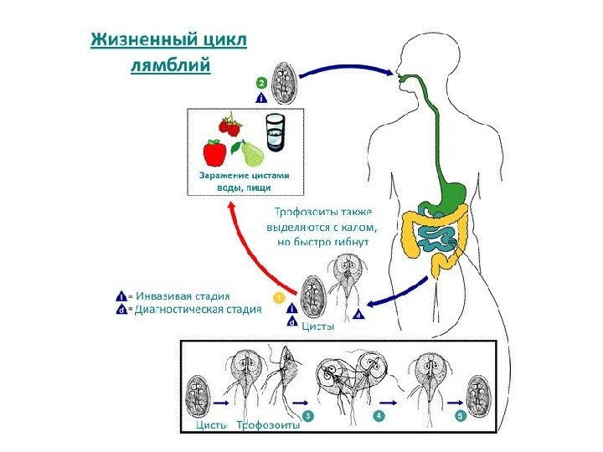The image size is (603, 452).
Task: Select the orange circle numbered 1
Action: coord(280,296)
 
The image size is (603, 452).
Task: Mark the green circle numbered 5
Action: coord(459,415)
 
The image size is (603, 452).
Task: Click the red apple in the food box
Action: coord(214,152)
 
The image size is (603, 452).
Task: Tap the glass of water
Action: coord(274,133)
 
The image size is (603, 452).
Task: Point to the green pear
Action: coord(250,153)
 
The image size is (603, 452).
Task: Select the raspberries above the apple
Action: coord(230,126)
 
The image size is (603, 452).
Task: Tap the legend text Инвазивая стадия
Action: coord(179,295)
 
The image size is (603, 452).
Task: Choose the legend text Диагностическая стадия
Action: coord(196,309)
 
